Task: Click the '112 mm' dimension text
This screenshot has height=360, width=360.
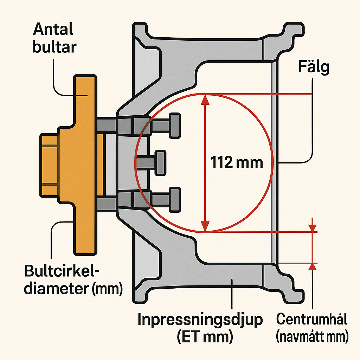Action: [x=237, y=163]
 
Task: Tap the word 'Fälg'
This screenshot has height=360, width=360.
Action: [x=314, y=67]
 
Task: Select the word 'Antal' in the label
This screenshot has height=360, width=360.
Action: [x=53, y=30]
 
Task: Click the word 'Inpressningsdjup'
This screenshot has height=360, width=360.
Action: [x=200, y=320]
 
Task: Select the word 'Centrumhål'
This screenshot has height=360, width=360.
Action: [x=311, y=320]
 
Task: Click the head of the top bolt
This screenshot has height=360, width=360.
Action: [x=175, y=126]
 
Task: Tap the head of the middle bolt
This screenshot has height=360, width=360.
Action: [x=160, y=162]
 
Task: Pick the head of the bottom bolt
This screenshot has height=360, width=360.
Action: [x=175, y=199]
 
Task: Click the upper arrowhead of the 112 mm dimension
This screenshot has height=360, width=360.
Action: [x=205, y=100]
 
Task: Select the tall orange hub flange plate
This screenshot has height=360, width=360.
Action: [x=84, y=165]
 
